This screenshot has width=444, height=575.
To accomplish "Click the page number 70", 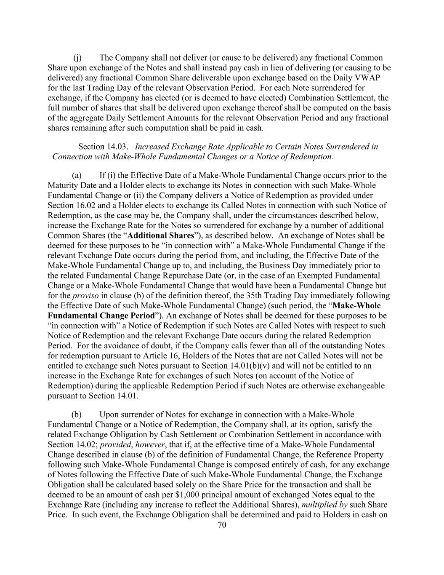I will click(222, 525).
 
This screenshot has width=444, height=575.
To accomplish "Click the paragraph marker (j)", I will click(77, 58).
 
